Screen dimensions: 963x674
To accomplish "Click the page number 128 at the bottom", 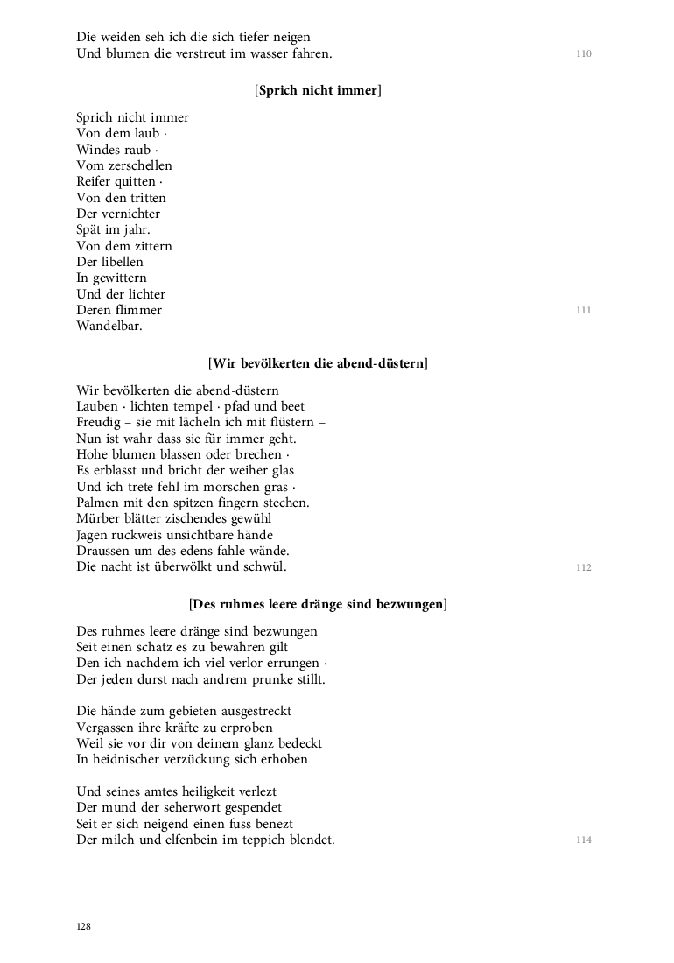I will click(x=84, y=927).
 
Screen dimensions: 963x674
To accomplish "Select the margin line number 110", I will click(x=584, y=54).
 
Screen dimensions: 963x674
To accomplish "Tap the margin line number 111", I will click(x=584, y=311).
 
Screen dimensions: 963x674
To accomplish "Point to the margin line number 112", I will click(x=584, y=567).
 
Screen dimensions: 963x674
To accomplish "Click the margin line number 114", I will click(x=584, y=840).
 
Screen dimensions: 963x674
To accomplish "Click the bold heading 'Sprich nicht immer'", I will click(x=318, y=90).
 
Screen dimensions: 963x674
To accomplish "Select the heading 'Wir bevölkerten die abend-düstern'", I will click(x=318, y=363).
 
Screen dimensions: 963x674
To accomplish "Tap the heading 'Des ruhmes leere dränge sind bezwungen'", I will click(x=318, y=604).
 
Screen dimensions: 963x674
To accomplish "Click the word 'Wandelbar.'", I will click(x=109, y=327).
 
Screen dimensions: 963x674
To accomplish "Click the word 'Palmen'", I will click(x=97, y=503).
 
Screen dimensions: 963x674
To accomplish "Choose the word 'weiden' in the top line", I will click(x=118, y=38).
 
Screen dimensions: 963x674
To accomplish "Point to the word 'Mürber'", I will click(x=97, y=518).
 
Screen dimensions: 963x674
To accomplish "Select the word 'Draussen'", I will click(x=103, y=551).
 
